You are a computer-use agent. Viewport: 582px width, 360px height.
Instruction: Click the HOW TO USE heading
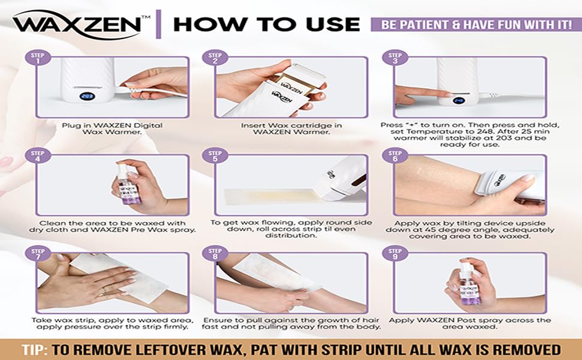coord(266,24)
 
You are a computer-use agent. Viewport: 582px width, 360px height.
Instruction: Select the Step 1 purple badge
coord(37,58)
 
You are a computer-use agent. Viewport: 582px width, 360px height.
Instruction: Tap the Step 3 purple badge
coord(395,58)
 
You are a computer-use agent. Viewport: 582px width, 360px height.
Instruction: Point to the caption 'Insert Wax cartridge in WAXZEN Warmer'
coord(292,128)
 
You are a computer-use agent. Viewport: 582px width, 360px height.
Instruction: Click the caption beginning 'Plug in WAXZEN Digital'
coord(113,128)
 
